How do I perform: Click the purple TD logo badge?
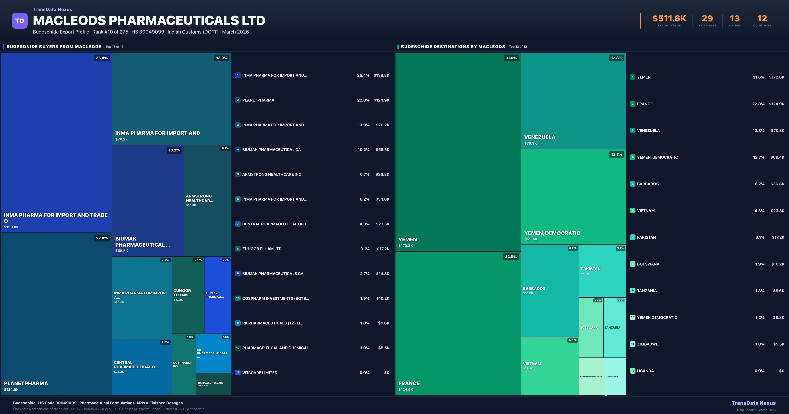20,21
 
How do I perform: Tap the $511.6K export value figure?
669,19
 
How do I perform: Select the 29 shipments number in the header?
707,19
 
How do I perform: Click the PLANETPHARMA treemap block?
56,314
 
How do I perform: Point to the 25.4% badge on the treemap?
102,58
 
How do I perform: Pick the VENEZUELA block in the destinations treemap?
573,101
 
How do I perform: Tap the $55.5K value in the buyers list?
382,150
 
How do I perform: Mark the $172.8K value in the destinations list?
777,77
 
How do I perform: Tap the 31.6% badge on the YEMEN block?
511,58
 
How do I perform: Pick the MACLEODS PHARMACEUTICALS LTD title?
149,21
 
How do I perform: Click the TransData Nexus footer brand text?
753,403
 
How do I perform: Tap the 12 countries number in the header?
762,19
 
